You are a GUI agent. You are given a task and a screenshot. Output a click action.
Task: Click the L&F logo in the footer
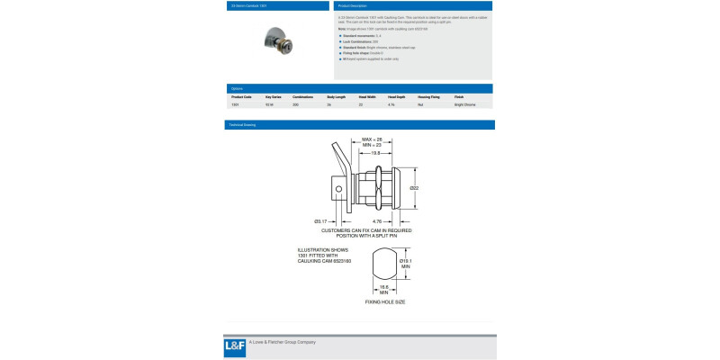(235, 347)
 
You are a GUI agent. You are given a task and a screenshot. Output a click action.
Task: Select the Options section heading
(238, 88)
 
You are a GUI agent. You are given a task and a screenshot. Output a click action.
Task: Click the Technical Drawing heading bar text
(244, 125)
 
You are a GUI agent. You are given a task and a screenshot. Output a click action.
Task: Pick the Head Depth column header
(397, 96)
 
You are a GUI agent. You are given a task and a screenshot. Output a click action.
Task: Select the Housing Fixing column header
(428, 96)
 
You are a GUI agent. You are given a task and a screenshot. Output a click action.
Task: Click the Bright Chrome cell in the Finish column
(465, 104)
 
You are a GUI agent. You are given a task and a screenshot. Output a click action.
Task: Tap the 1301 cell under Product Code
(235, 104)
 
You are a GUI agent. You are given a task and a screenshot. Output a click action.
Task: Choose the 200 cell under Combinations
(295, 104)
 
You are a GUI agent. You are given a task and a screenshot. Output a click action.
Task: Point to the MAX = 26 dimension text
(373, 139)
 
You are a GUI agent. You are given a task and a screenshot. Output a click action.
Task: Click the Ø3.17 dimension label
(319, 220)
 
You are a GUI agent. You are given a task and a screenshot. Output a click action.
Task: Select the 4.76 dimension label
(379, 220)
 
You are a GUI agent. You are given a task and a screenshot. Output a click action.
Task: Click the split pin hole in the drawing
(337, 189)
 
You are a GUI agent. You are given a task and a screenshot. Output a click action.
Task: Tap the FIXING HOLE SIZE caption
(384, 302)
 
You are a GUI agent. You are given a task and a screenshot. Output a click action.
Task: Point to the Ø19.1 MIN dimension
(405, 264)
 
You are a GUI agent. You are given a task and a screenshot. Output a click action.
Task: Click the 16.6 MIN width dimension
(383, 291)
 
